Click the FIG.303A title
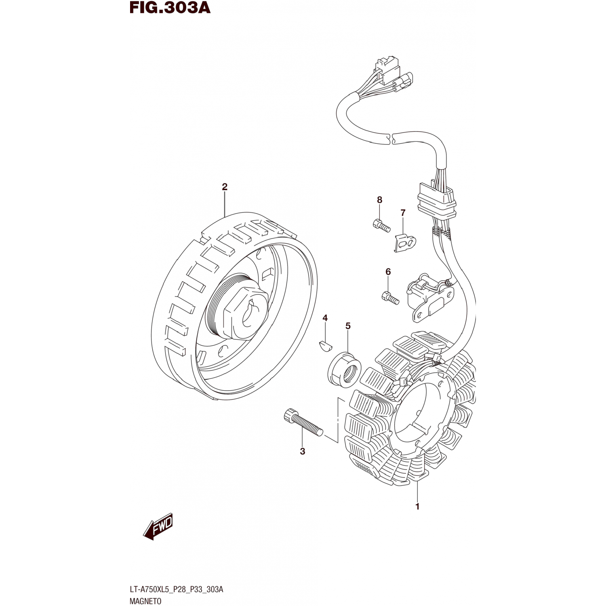[x=170, y=8]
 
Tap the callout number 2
[x=225, y=187]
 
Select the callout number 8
[x=379, y=200]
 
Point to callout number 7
[x=403, y=213]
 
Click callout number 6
[x=388, y=272]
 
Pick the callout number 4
[x=325, y=318]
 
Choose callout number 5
[x=348, y=326]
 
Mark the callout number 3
[x=303, y=452]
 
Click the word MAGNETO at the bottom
[x=145, y=601]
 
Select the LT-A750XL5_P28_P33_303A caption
[x=176, y=589]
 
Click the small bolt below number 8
[x=381, y=225]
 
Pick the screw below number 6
[x=390, y=298]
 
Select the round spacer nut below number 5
[x=344, y=368]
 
